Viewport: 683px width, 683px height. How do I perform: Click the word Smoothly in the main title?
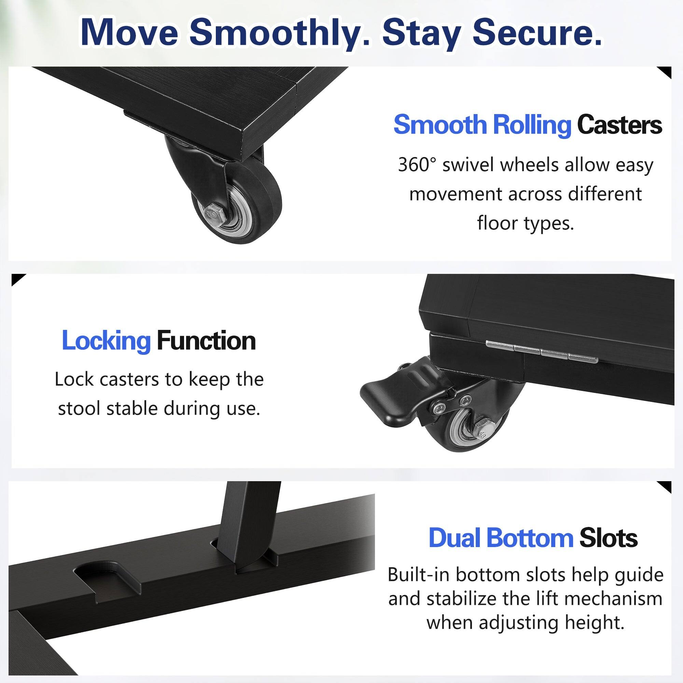click(x=279, y=33)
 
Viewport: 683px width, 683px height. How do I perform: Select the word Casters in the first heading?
click(x=619, y=125)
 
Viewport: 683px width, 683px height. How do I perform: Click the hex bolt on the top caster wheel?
click(x=214, y=214)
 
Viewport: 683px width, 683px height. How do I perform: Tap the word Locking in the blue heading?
click(x=106, y=341)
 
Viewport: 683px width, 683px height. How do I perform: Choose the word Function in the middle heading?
click(x=206, y=341)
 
